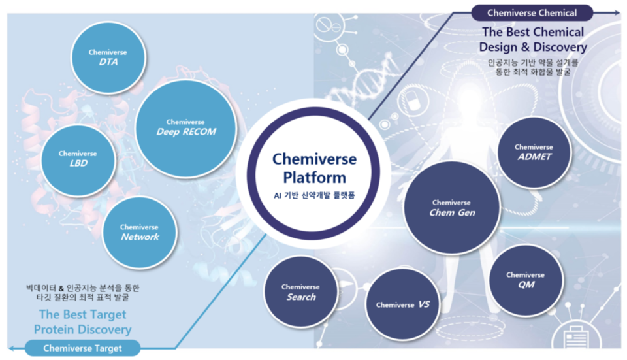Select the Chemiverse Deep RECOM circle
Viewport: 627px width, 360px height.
(x=186, y=127)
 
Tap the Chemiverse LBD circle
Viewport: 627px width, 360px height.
(x=78, y=159)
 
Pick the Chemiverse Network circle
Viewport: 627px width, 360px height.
(x=140, y=232)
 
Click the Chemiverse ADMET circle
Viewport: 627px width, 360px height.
(x=534, y=152)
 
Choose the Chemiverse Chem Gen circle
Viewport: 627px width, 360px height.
(x=452, y=208)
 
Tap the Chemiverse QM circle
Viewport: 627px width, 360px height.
(x=526, y=280)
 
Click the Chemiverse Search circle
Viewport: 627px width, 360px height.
(x=300, y=291)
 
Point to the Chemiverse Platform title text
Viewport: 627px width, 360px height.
(x=313, y=168)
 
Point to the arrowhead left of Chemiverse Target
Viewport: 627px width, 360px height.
(x=11, y=348)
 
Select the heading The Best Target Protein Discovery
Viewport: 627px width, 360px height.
(x=83, y=321)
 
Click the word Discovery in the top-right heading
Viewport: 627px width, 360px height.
(x=558, y=47)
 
